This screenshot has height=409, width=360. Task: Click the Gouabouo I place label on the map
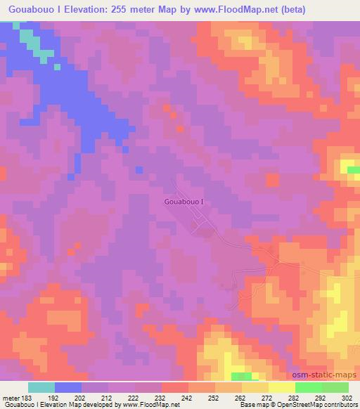coord(184,202)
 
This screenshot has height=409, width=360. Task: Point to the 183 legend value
coord(25,397)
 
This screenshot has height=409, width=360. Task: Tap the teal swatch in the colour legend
coord(41,387)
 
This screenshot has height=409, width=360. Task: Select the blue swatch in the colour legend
coord(68,387)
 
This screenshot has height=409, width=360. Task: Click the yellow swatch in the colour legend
coord(281,387)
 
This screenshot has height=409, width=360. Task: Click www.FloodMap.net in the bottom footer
coord(145,405)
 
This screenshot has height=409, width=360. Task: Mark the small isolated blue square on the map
coord(139,169)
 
